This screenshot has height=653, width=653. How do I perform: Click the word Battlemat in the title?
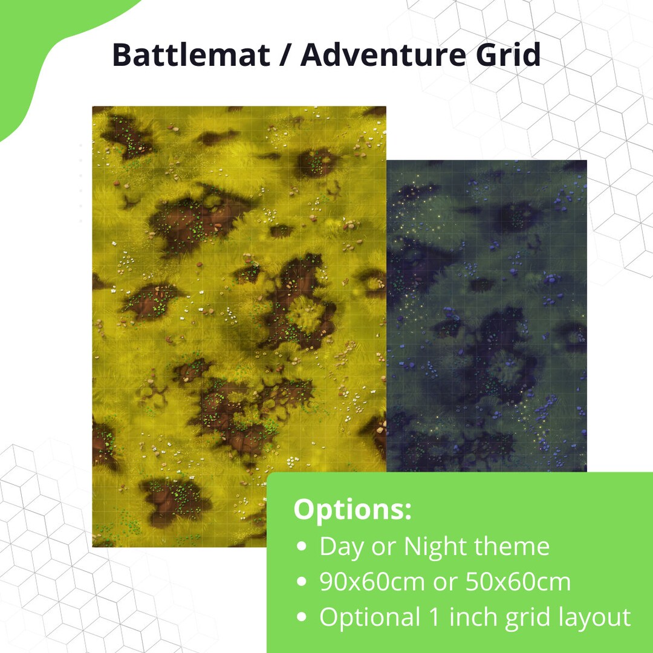point(191,56)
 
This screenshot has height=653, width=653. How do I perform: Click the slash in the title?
point(285,56)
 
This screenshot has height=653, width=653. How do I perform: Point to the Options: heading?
point(352,510)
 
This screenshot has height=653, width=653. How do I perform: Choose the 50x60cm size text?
point(518,582)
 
